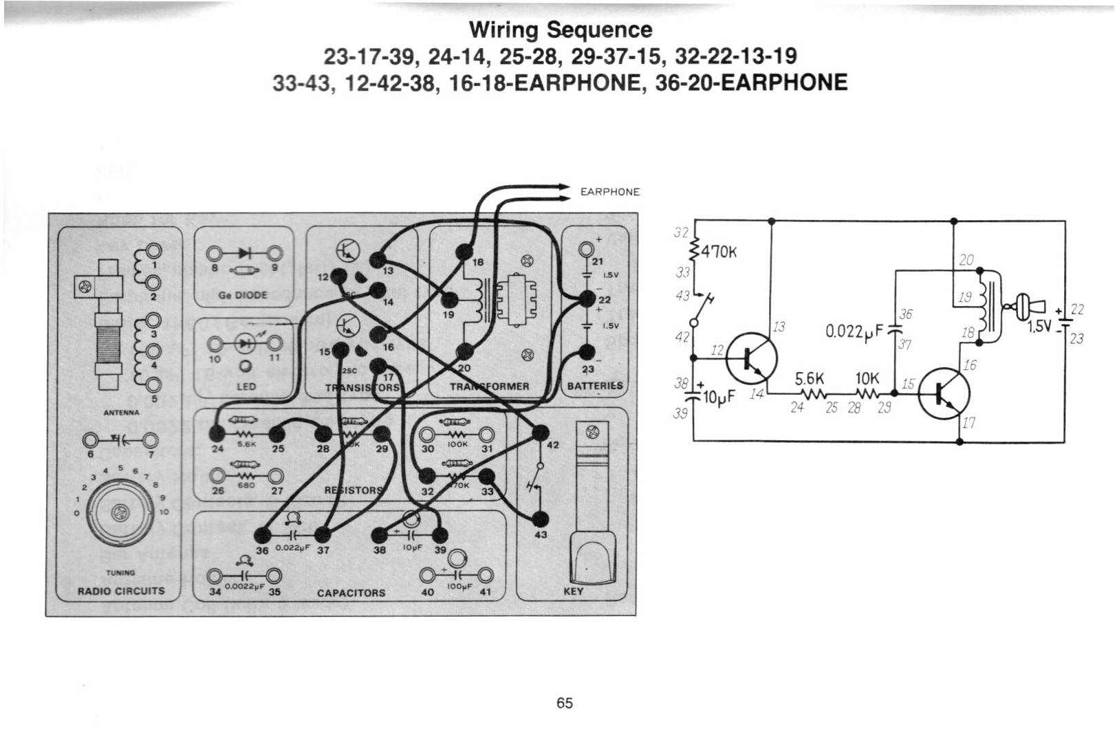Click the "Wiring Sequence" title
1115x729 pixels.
tap(560, 30)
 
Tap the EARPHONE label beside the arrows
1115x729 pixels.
tap(609, 192)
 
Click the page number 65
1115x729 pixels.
tap(564, 703)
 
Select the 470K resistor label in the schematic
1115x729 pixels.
tap(718, 252)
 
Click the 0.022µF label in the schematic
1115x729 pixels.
tap(853, 332)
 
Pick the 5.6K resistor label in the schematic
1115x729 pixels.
tap(809, 379)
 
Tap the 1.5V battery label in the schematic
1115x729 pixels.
tap(1039, 326)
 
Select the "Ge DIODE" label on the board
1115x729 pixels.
tap(243, 295)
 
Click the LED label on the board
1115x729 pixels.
tap(246, 387)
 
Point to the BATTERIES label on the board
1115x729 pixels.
tap(595, 386)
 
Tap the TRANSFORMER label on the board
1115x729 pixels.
tap(489, 387)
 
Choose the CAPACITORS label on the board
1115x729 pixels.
tap(351, 593)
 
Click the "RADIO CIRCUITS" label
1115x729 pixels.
tap(121, 591)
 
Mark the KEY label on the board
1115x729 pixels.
tap(573, 591)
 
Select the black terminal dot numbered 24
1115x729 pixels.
tap(217, 433)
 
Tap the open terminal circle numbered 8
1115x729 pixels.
tap(215, 252)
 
